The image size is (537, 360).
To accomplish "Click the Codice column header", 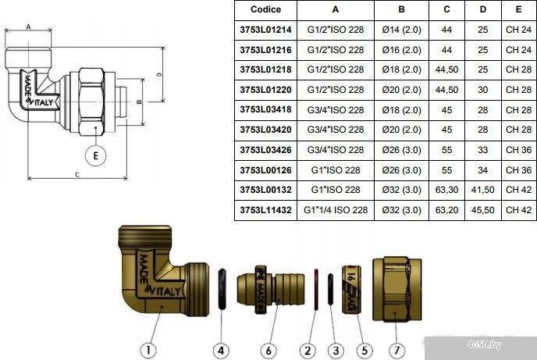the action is (265, 9).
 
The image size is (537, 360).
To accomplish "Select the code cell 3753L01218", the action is (265, 70).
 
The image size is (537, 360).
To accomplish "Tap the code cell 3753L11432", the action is (265, 209).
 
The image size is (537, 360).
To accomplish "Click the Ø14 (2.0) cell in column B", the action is (401, 30).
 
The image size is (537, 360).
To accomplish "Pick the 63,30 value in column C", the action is (446, 190).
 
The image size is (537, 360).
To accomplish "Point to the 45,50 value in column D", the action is (482, 209).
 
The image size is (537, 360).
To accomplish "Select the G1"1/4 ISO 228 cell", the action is (336, 209).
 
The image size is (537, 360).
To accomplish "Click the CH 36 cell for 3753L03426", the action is (518, 150).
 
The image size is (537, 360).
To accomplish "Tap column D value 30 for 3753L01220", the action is (482, 90).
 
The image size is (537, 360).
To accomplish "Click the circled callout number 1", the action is (148, 351).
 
